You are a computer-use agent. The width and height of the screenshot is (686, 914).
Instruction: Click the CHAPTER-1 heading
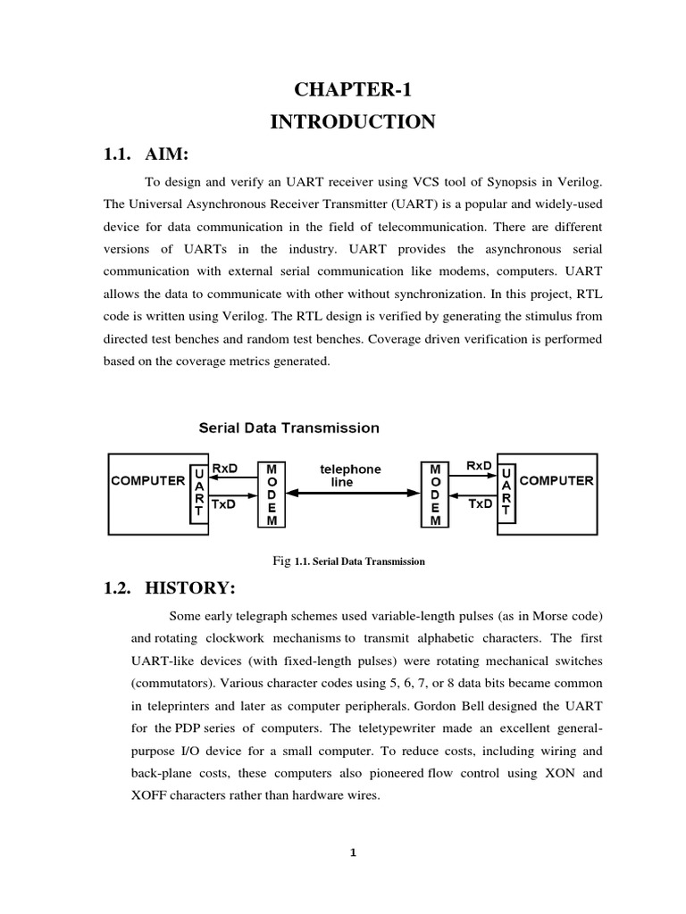pyautogui.click(x=353, y=88)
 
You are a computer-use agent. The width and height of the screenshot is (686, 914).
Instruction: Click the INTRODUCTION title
pyautogui.click(x=353, y=121)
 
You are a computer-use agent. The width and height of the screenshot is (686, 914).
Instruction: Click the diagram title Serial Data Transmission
pyautogui.click(x=289, y=428)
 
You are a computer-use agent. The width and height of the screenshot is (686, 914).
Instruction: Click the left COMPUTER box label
pyautogui.click(x=147, y=480)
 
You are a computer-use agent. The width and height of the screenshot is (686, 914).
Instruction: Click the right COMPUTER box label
pyautogui.click(x=556, y=480)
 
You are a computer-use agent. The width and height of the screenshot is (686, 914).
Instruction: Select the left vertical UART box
pyautogui.click(x=199, y=493)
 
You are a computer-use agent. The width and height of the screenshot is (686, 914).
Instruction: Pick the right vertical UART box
pyautogui.click(x=506, y=493)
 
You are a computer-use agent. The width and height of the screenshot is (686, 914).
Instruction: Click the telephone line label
pyautogui.click(x=350, y=475)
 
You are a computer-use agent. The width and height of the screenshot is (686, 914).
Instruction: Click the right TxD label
pyautogui.click(x=480, y=503)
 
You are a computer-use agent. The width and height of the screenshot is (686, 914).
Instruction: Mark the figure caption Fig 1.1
pyautogui.click(x=348, y=561)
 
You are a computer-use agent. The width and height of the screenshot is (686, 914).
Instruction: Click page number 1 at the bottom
pyautogui.click(x=353, y=852)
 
